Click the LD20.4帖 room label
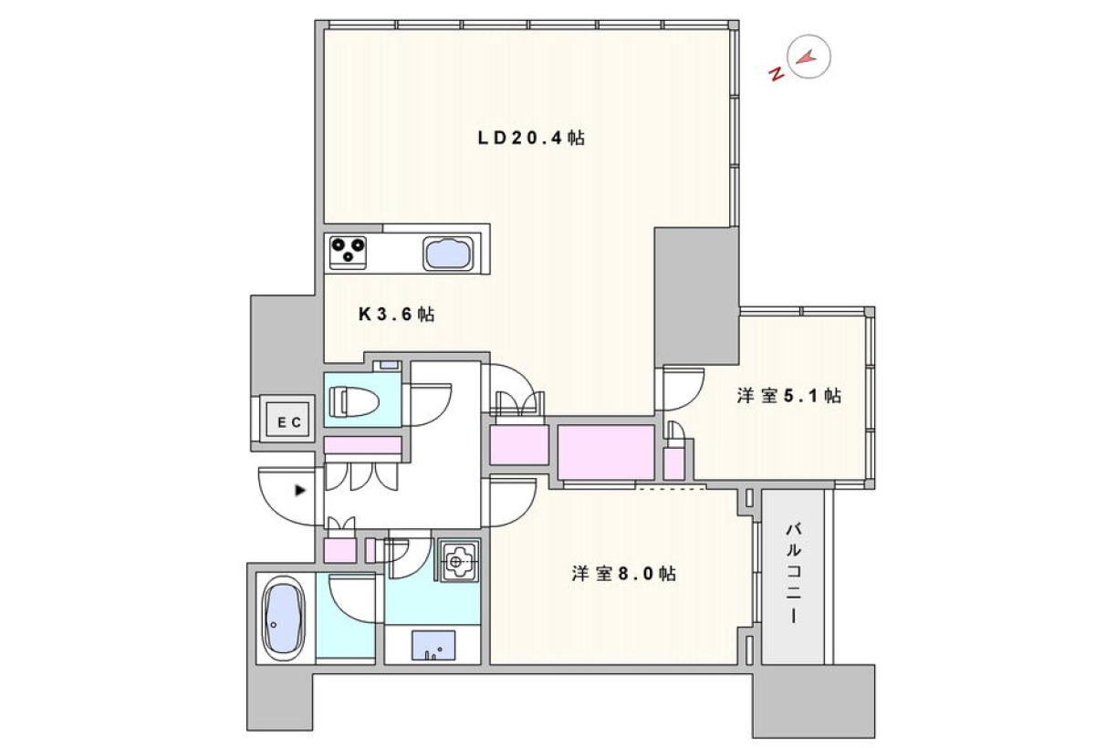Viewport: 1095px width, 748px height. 531,139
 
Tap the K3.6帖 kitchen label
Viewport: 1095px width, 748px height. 396,314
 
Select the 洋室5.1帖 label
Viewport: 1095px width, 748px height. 789,395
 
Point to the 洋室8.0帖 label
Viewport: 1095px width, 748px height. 624,573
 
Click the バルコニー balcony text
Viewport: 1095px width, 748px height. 793,573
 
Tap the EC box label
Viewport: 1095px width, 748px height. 289,422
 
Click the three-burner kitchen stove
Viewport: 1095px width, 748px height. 348,252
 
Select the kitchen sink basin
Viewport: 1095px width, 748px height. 448,254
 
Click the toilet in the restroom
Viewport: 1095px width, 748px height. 354,401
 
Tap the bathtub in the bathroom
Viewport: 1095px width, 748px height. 284,618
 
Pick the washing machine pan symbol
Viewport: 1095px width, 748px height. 459,562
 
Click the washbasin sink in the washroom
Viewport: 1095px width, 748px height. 433,646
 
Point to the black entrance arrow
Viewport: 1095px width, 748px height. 300,490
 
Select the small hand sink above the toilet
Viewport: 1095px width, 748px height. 390,365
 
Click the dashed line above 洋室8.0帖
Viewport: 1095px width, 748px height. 671,488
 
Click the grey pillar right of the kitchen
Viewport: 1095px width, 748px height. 696,296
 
